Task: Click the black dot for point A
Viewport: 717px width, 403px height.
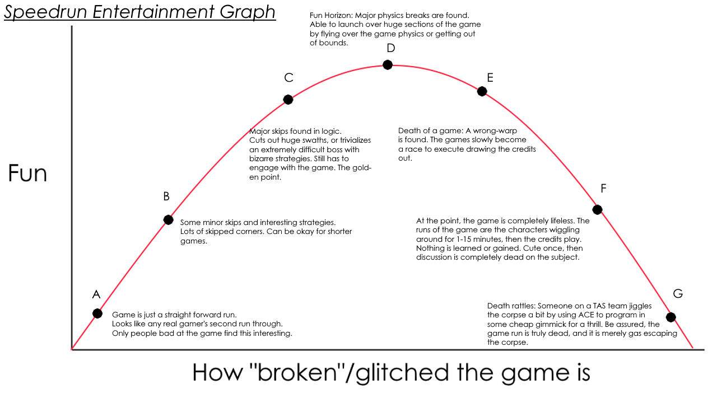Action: click(97, 313)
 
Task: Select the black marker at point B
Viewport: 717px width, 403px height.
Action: click(168, 219)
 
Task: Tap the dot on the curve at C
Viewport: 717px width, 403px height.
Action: click(288, 100)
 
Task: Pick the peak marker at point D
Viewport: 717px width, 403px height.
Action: click(388, 64)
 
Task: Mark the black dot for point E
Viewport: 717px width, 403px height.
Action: click(482, 91)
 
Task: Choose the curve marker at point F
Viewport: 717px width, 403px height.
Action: click(597, 209)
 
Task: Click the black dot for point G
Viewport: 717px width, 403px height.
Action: click(671, 317)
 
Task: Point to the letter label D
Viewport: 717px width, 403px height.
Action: click(391, 48)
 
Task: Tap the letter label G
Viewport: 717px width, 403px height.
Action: click(678, 294)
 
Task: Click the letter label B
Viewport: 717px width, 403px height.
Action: click(166, 196)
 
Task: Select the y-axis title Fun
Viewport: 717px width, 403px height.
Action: click(27, 174)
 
